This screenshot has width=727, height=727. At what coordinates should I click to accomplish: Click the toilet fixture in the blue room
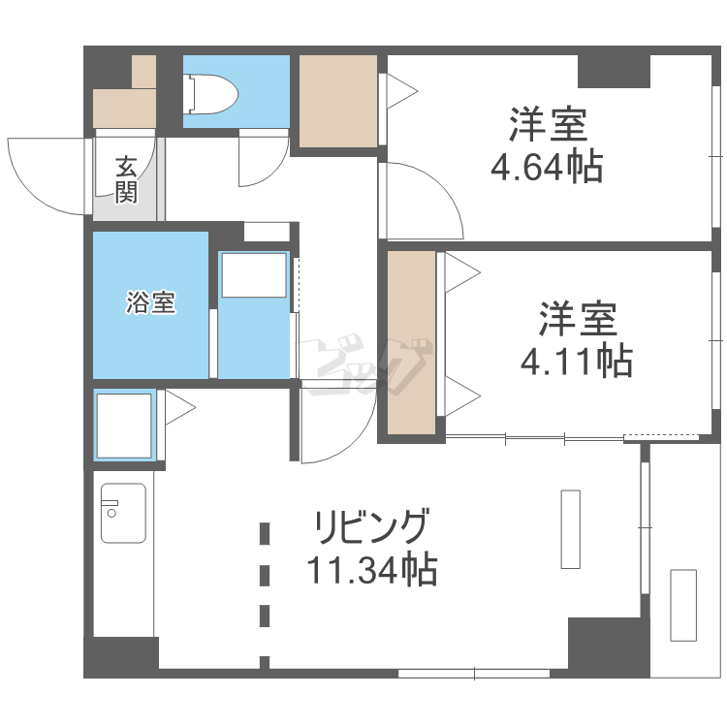click(211, 94)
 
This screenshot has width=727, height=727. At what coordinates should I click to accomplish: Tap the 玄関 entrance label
click(126, 180)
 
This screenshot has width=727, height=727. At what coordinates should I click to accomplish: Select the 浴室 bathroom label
click(150, 302)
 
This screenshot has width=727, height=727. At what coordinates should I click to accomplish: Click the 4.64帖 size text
click(547, 167)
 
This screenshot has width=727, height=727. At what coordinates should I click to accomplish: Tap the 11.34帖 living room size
click(372, 568)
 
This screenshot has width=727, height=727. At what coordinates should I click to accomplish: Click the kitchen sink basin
click(123, 513)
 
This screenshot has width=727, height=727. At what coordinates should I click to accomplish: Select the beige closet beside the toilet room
click(337, 101)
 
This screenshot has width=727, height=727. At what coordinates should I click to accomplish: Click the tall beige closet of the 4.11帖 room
click(411, 342)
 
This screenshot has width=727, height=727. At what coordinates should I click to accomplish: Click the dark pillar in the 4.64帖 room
click(614, 71)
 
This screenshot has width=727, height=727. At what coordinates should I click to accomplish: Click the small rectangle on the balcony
click(683, 605)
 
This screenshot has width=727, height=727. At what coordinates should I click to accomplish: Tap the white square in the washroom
click(254, 275)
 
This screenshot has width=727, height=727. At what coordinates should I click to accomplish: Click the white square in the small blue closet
click(124, 426)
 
